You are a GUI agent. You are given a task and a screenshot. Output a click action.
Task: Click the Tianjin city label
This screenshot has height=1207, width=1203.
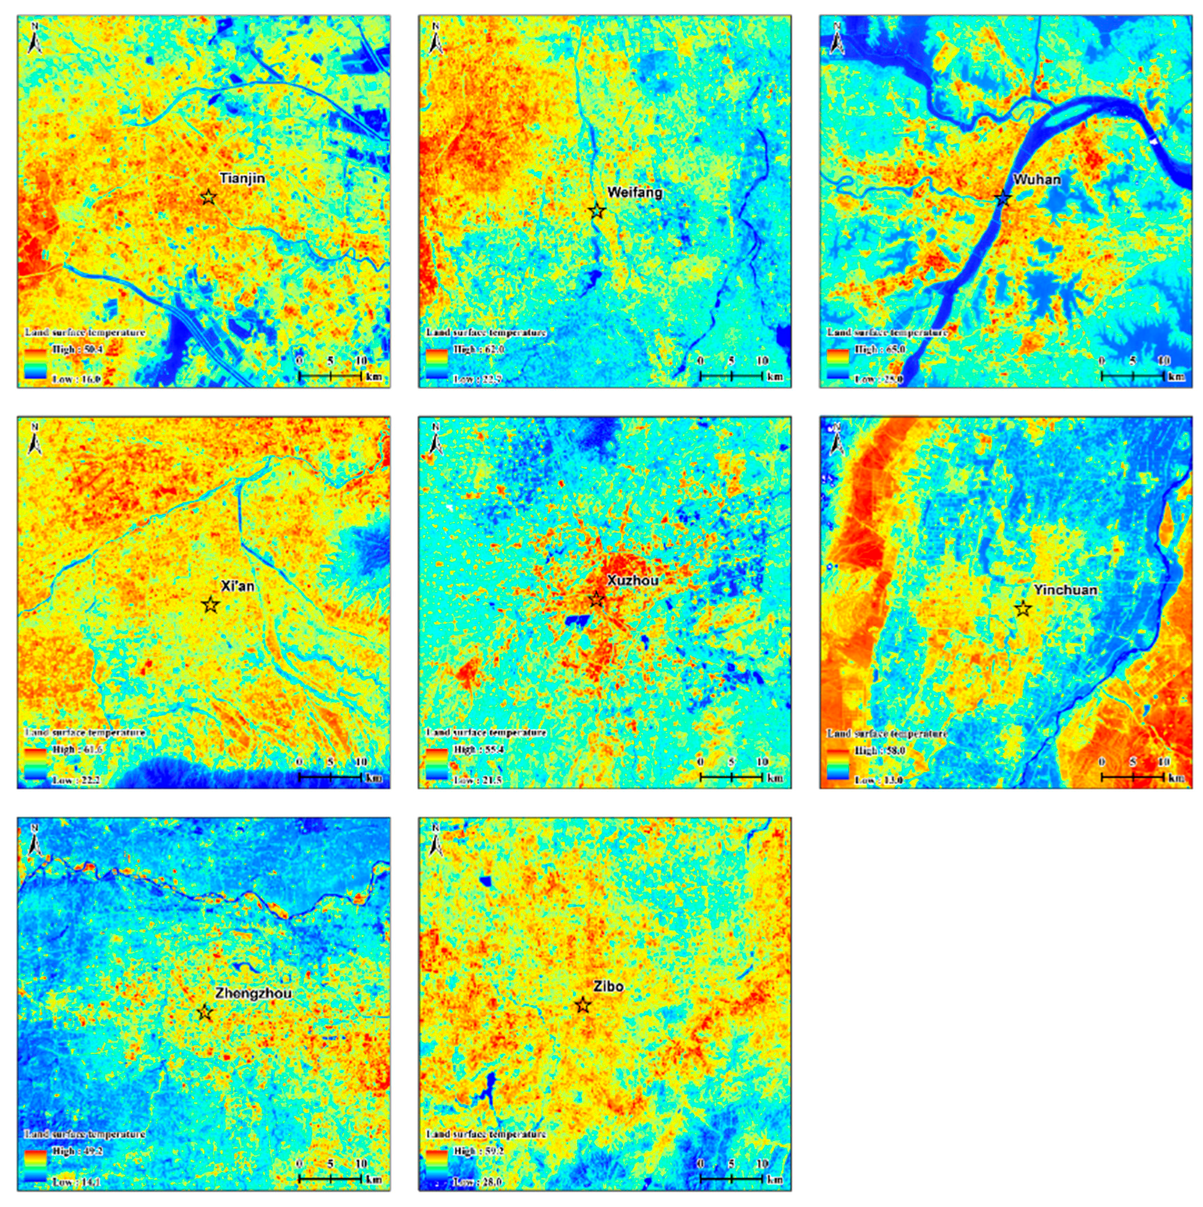point(242,178)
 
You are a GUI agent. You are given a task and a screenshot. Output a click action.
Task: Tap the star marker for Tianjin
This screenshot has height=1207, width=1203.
point(208,197)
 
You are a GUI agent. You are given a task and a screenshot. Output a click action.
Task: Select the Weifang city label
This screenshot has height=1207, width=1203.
point(634,192)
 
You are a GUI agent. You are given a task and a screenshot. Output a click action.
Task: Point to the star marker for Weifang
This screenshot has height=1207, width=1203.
point(597,210)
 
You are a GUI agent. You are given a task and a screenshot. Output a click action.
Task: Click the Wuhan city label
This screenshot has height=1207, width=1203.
point(1037,179)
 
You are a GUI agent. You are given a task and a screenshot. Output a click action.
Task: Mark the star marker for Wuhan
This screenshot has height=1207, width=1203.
point(1002,199)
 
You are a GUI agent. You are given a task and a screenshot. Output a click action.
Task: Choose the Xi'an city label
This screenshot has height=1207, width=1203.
point(237,586)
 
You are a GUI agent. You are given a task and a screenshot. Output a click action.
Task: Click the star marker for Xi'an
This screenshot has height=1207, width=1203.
point(211,605)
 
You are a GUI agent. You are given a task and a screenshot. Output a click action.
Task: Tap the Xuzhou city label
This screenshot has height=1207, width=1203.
point(632,580)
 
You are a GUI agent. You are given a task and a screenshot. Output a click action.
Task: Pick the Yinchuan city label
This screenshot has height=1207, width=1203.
point(1065,590)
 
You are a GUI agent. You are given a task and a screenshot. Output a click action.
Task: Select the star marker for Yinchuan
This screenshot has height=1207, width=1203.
point(1022,609)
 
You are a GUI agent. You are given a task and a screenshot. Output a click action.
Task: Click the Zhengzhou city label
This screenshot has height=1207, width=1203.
point(253,993)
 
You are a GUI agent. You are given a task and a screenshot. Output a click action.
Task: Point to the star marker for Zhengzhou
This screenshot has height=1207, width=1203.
point(204,1012)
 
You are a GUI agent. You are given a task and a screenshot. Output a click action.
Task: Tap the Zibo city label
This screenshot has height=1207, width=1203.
point(608,986)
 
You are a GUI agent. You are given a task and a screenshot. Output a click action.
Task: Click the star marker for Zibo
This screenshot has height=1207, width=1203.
point(583,1005)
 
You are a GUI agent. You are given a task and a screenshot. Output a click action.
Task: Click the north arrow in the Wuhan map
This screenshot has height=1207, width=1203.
point(837,40)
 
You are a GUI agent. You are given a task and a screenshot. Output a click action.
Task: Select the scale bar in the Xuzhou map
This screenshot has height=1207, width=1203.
point(732,776)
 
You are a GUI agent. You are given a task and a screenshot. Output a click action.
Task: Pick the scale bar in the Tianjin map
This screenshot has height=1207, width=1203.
point(330,376)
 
